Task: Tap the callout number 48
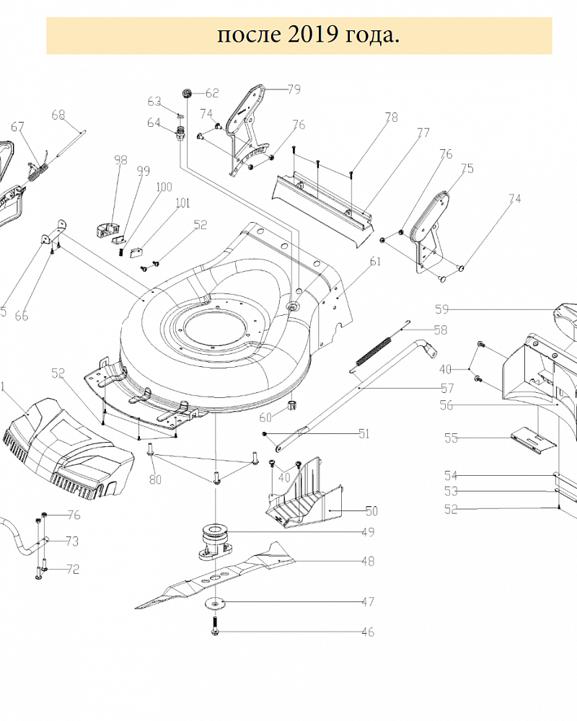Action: click(368, 561)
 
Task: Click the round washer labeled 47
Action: click(214, 603)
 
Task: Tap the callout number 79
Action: click(294, 89)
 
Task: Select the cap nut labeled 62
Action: click(187, 92)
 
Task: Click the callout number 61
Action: click(374, 262)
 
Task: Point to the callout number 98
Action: click(120, 160)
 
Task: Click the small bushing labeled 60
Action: click(293, 404)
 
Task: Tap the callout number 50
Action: click(371, 511)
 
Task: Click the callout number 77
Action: click(423, 133)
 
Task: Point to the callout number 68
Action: click(58, 114)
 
